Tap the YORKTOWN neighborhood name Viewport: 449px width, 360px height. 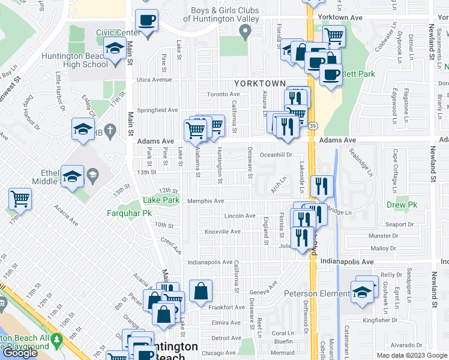(259, 82)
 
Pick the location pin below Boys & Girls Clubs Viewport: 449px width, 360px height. (245, 35)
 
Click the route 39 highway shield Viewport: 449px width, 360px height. (313, 126)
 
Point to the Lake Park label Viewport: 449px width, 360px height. (160, 200)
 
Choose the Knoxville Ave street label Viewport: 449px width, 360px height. (223, 232)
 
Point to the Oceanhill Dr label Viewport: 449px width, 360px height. (275, 155)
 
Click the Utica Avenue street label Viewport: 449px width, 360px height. (153, 79)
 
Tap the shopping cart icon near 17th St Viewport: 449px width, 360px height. (20, 199)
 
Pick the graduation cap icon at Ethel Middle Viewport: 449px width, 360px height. (73, 176)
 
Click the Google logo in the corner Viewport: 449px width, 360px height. (20, 353)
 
